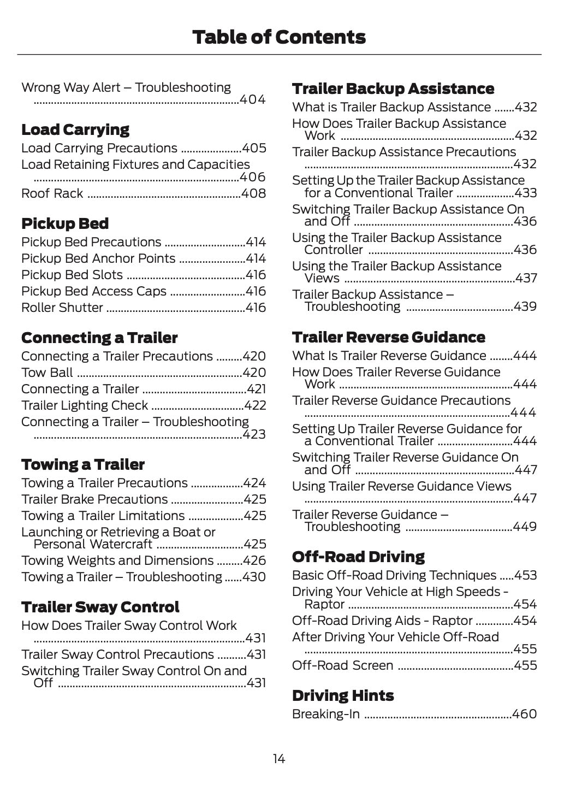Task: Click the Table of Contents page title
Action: click(279, 37)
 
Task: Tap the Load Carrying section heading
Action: click(75, 130)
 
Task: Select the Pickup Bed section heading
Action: click(65, 224)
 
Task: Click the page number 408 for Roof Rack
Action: click(253, 193)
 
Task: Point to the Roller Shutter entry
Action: click(62, 308)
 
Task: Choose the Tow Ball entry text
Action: click(47, 373)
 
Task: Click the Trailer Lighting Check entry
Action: click(85, 405)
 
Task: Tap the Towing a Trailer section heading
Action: click(83, 465)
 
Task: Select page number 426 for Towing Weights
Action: click(254, 560)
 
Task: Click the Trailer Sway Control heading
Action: click(100, 607)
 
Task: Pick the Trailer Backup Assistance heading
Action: click(393, 89)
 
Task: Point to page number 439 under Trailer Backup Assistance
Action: click(525, 306)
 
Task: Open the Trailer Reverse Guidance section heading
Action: click(388, 338)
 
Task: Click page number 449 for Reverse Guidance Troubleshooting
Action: click(525, 527)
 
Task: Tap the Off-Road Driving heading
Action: click(358, 557)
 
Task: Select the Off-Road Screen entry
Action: click(342, 665)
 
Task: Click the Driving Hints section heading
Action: click(343, 696)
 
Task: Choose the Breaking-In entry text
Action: click(326, 714)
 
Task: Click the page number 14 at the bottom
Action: click(278, 759)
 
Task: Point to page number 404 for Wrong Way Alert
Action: click(253, 99)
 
